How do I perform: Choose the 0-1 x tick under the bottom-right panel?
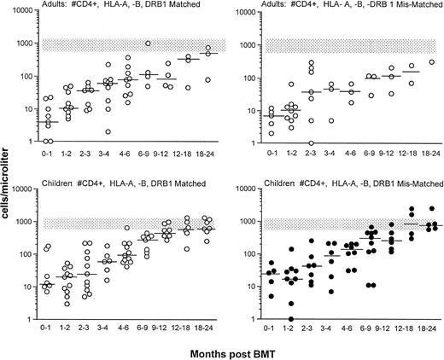click(x=271, y=329)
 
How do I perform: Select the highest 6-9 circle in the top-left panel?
click(x=149, y=44)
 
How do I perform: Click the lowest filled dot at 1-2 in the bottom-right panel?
click(x=291, y=318)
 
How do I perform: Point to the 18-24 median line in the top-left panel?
click(x=207, y=54)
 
